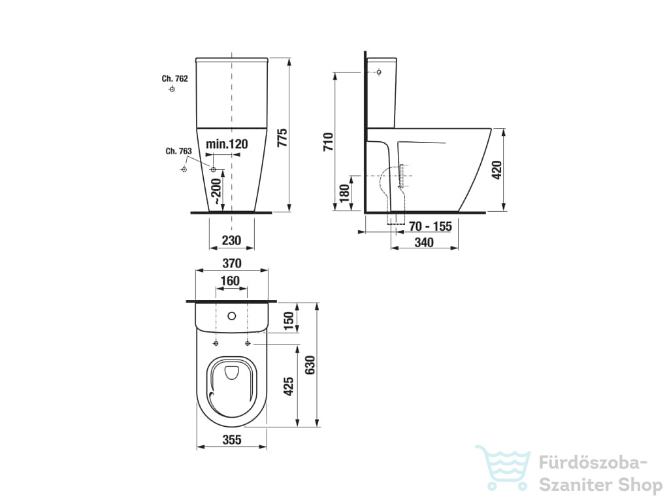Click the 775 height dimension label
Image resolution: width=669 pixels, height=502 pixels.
click(282, 138)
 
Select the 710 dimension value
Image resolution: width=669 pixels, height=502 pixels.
click(329, 142)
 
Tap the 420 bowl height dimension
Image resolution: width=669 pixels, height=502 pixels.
click(497, 170)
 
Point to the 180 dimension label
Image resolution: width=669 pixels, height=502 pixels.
click(344, 193)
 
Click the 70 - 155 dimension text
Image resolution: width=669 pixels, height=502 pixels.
click(430, 226)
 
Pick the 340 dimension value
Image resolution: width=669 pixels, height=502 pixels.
click(424, 243)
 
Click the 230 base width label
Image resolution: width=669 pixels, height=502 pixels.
click(231, 241)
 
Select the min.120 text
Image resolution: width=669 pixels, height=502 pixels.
click(227, 144)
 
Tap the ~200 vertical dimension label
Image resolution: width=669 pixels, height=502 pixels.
click(217, 191)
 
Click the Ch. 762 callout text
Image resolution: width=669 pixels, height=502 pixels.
click(174, 78)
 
